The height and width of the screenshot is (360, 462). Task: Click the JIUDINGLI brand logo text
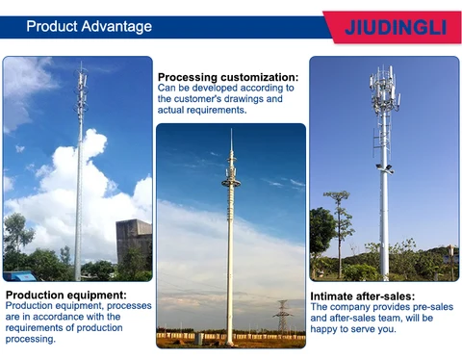395,27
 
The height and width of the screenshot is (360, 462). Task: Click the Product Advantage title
89,26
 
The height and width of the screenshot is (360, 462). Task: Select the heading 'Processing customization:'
228,77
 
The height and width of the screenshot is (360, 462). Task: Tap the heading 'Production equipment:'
66,295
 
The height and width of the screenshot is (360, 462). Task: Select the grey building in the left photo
134,241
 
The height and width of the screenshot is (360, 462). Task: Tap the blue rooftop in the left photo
21,275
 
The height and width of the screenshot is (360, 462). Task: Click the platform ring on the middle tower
230,180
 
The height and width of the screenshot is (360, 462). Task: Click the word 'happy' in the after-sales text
328,330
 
